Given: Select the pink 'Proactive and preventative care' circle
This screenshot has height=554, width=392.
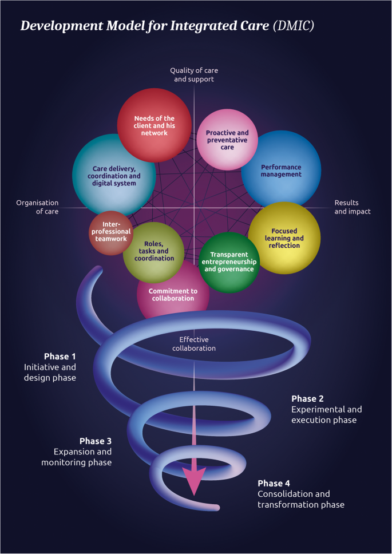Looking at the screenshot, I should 227,139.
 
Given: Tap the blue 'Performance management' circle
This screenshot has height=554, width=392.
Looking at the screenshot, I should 281,170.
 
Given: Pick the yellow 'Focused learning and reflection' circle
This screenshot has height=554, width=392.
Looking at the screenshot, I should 284,238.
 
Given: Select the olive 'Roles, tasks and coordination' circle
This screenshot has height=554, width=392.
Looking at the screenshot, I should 153,251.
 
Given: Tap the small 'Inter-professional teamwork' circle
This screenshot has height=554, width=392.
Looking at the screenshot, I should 110,231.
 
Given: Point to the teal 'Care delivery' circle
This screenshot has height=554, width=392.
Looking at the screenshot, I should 114,175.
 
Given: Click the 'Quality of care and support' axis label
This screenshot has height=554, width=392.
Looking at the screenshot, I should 194,74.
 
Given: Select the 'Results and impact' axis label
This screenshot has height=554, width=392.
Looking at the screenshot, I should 353,207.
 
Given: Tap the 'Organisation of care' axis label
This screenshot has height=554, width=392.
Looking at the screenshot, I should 37,207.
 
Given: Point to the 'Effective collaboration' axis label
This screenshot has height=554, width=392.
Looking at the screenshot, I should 194,343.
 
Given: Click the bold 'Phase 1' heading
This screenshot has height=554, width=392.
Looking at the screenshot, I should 60,356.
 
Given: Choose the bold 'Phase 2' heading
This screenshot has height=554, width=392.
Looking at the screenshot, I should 308,398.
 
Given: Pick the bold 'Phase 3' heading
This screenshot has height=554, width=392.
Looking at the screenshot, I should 95,441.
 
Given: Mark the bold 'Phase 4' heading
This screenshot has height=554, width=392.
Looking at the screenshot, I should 274,483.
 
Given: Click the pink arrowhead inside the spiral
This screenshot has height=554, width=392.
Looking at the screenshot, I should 194,480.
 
